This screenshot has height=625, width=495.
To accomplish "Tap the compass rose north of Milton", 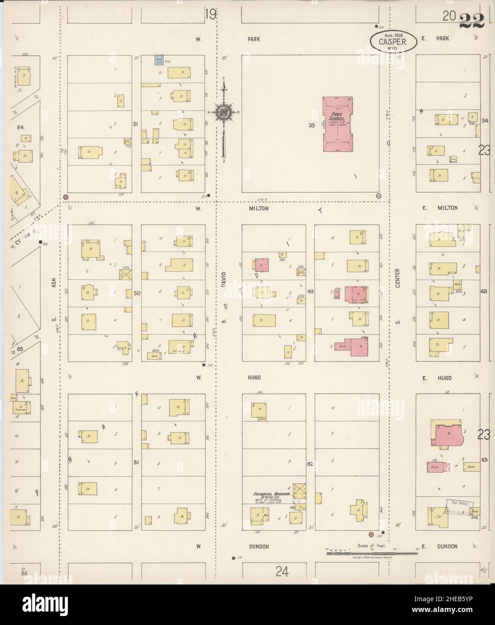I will point(223,113).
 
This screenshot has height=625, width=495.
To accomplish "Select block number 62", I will point(310,463).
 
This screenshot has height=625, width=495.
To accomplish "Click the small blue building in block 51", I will point(158,60).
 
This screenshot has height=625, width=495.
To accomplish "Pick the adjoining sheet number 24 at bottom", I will point(282,571).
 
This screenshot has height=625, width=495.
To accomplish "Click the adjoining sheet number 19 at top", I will point(210,14).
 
